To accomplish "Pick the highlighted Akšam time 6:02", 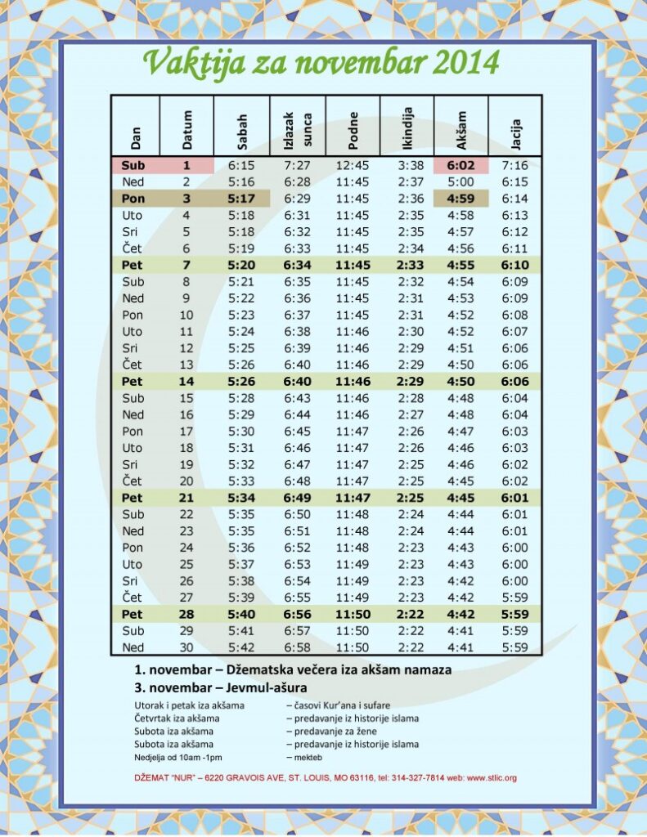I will (461, 165).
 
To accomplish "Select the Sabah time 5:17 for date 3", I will (241, 199).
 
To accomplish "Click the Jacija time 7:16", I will (515, 165).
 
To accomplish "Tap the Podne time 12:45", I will (353, 165).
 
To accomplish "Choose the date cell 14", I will (186, 381).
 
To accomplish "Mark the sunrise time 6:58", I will (297, 647).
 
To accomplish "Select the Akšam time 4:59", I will (461, 199).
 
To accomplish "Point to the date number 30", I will (186, 647).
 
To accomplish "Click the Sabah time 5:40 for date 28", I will (241, 614).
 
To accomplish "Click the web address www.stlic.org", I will (492, 777).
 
